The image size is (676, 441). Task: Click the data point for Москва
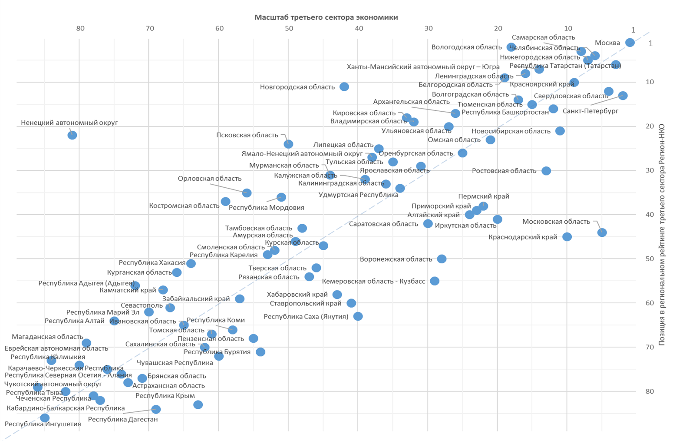630,43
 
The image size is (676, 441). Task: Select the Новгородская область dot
344,87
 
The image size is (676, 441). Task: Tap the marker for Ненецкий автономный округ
72,135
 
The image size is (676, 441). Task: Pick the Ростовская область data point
546,171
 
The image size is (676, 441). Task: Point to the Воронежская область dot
442,259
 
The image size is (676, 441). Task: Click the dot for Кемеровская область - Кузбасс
435,281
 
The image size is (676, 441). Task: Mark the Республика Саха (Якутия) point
358,316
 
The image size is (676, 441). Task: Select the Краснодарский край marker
567,237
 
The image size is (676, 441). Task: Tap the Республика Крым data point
198,405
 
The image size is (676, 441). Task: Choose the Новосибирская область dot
560,131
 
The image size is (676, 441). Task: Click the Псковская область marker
288,144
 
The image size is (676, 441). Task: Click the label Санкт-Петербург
590,111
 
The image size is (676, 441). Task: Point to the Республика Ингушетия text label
43,424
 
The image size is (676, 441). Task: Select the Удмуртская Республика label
358,195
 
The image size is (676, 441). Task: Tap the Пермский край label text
484,196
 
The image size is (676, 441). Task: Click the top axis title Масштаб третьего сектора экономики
326,17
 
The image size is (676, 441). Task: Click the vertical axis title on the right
662,235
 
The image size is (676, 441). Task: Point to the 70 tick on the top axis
150,29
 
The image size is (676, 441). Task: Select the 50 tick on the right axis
650,259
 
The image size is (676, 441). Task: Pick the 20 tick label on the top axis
498,29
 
